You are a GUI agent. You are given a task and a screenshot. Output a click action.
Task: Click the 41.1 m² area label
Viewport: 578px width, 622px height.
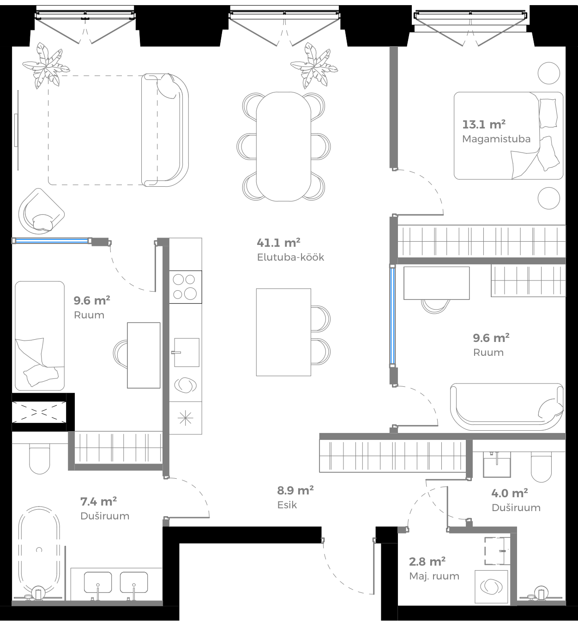click(x=278, y=243)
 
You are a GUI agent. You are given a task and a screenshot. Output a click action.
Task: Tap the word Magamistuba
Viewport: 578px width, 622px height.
click(x=496, y=139)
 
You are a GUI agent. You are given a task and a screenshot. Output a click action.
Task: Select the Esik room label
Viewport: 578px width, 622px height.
click(x=287, y=505)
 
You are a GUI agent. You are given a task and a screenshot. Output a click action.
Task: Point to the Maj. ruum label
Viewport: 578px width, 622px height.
click(x=434, y=576)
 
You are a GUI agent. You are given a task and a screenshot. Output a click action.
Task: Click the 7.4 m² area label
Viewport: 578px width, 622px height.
click(x=98, y=501)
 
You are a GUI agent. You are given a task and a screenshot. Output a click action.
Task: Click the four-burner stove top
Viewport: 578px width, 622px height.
click(x=185, y=287)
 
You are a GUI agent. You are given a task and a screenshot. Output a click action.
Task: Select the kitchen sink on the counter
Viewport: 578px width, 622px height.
click(x=186, y=352)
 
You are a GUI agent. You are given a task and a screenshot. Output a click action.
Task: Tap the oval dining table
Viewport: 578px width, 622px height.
click(x=283, y=146)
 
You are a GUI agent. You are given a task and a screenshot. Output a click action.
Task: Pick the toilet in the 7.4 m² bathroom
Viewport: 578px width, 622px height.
click(x=39, y=459)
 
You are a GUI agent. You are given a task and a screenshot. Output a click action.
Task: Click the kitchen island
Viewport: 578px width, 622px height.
click(x=283, y=332)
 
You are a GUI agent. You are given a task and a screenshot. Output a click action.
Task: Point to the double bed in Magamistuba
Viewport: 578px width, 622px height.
click(x=508, y=135)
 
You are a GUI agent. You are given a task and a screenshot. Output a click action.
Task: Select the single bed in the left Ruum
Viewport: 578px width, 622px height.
click(x=40, y=335)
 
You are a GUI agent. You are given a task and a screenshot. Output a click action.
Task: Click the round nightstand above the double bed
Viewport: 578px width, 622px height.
click(x=549, y=73)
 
